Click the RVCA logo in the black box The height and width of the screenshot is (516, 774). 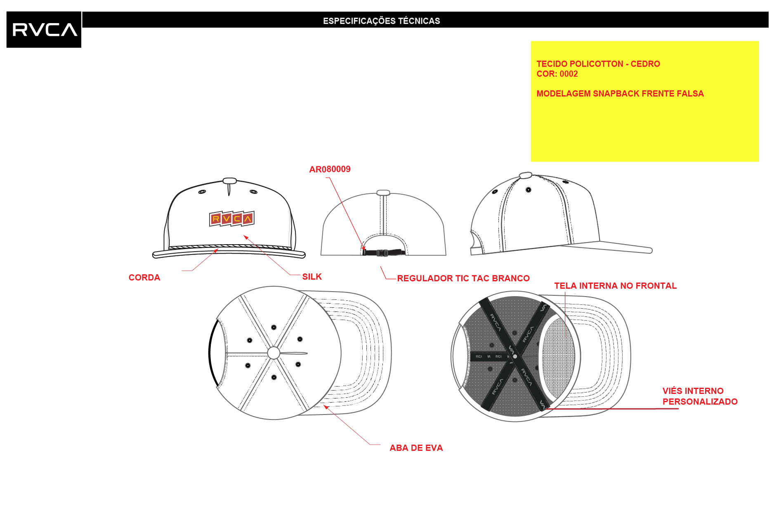[44, 30]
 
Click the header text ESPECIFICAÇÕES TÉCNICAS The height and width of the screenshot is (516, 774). [381, 21]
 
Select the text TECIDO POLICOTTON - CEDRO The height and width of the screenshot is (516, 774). [598, 64]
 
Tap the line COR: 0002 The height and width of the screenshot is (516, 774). [557, 74]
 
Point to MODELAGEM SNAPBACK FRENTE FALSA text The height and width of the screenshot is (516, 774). [620, 94]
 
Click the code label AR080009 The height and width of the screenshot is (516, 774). [330, 169]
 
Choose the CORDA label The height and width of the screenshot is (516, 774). [144, 278]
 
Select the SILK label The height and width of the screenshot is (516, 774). [312, 277]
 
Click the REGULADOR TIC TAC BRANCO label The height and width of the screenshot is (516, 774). [463, 278]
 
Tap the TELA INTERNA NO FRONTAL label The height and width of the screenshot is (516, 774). [615, 286]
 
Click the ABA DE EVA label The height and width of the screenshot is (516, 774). [416, 448]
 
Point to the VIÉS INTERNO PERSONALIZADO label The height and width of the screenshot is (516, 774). [700, 396]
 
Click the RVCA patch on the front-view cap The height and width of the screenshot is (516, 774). [232, 219]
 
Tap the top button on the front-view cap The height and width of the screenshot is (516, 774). [229, 181]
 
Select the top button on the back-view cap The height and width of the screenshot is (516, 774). [383, 193]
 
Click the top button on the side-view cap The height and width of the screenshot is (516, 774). [525, 175]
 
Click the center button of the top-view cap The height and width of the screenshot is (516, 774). [274, 353]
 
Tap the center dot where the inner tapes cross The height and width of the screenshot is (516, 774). [515, 356]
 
